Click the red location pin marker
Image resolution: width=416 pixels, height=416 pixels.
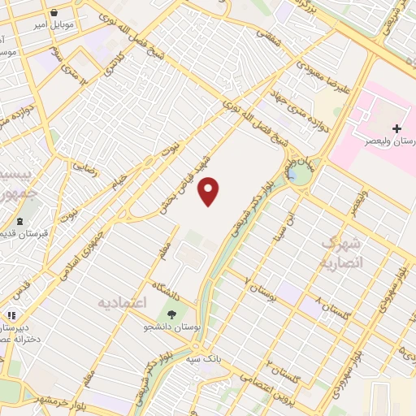click(x=210, y=191)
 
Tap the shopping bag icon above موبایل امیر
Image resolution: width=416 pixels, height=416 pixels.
click(x=54, y=14)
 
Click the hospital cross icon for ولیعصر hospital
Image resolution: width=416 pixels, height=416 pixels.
click(x=397, y=128)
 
